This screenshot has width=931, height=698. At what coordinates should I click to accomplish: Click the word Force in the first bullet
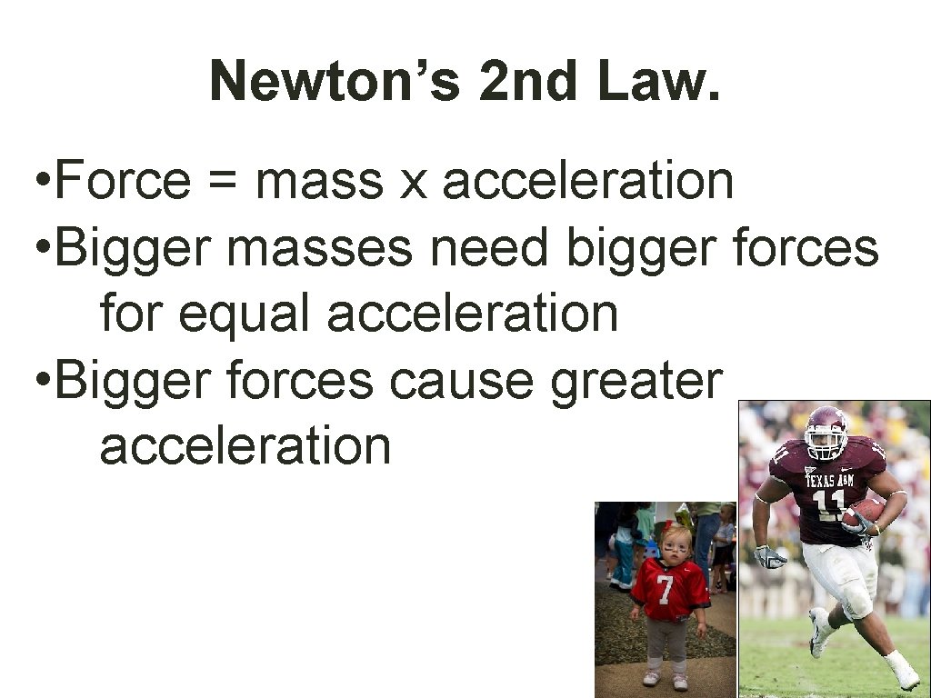124,180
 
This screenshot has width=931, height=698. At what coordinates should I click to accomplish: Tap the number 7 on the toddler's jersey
665,590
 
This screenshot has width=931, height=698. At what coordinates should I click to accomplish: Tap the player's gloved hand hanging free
770,556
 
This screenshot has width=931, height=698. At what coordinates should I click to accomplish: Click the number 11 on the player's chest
826,504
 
